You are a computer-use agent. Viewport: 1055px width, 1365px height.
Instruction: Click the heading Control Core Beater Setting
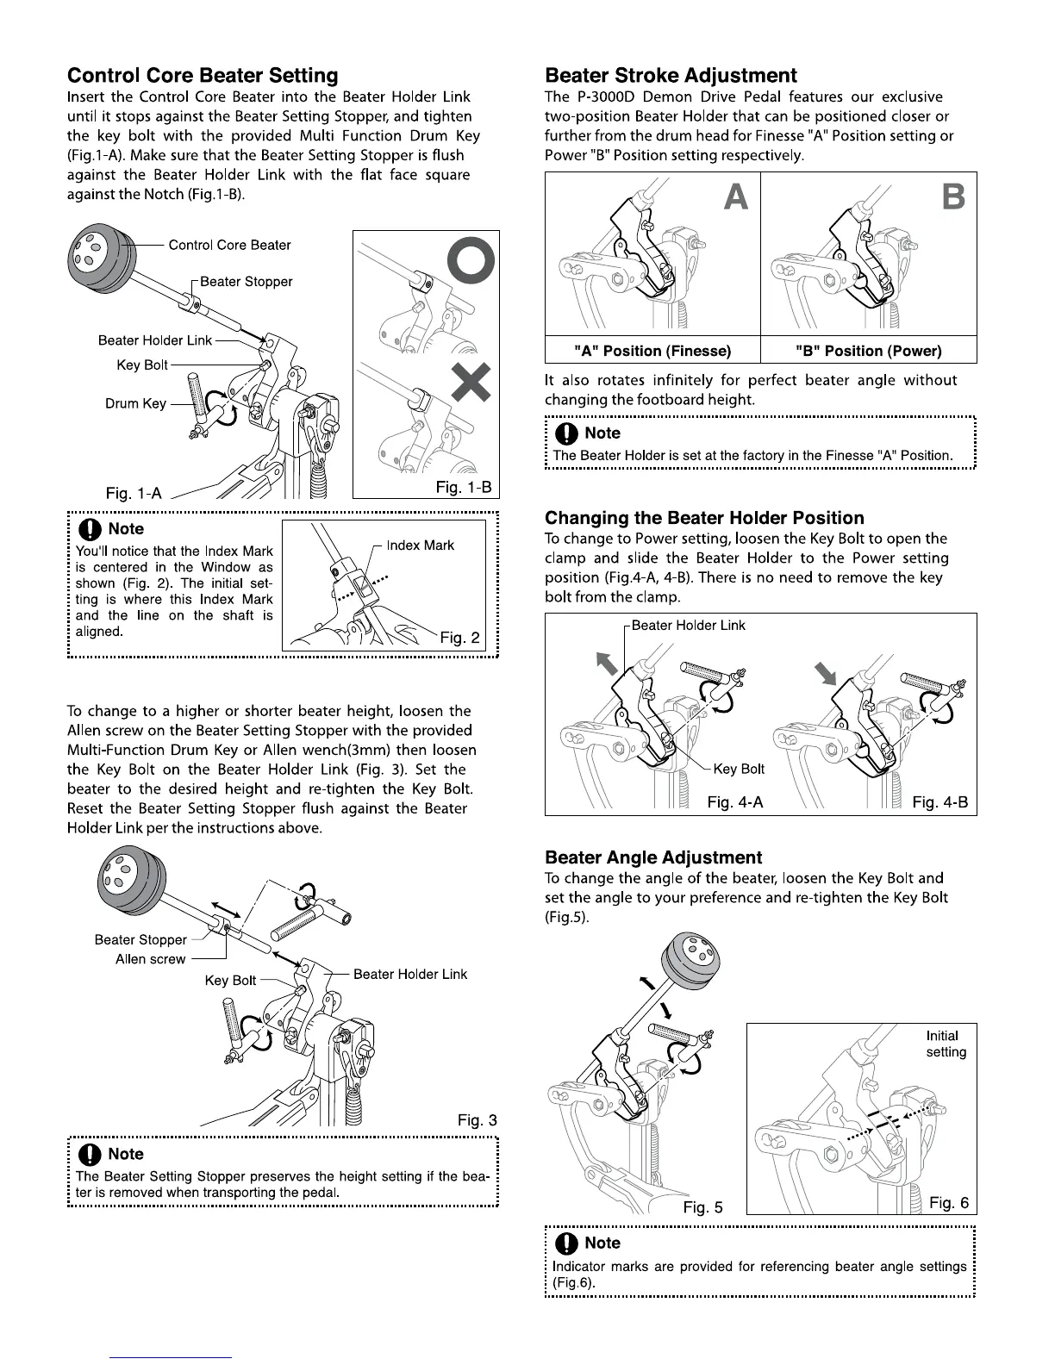coord(203,76)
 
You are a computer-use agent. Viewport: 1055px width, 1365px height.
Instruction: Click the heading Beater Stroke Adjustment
coord(671,76)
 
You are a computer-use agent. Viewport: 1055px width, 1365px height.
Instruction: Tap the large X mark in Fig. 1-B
coord(469,383)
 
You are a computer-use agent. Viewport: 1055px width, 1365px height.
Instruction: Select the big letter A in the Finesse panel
coord(736,197)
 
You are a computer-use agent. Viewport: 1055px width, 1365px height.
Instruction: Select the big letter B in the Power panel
coord(953,197)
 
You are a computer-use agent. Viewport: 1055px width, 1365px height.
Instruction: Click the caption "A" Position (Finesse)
coord(652,351)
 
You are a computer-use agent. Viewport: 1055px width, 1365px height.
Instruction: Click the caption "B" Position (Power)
coord(868,351)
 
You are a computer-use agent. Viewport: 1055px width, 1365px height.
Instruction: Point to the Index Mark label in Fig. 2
coord(420,545)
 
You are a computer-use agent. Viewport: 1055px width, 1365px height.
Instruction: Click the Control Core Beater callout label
coord(229,245)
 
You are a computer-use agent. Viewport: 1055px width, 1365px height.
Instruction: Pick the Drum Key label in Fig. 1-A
coord(135,403)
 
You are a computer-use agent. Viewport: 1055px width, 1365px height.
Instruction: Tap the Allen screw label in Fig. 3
coord(150,959)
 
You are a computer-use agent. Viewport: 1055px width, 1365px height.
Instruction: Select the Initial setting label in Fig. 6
coord(946,1044)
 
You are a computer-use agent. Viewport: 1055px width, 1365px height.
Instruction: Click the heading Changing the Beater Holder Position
coord(704,518)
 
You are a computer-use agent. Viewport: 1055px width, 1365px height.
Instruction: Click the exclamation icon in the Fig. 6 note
coord(566,1243)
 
